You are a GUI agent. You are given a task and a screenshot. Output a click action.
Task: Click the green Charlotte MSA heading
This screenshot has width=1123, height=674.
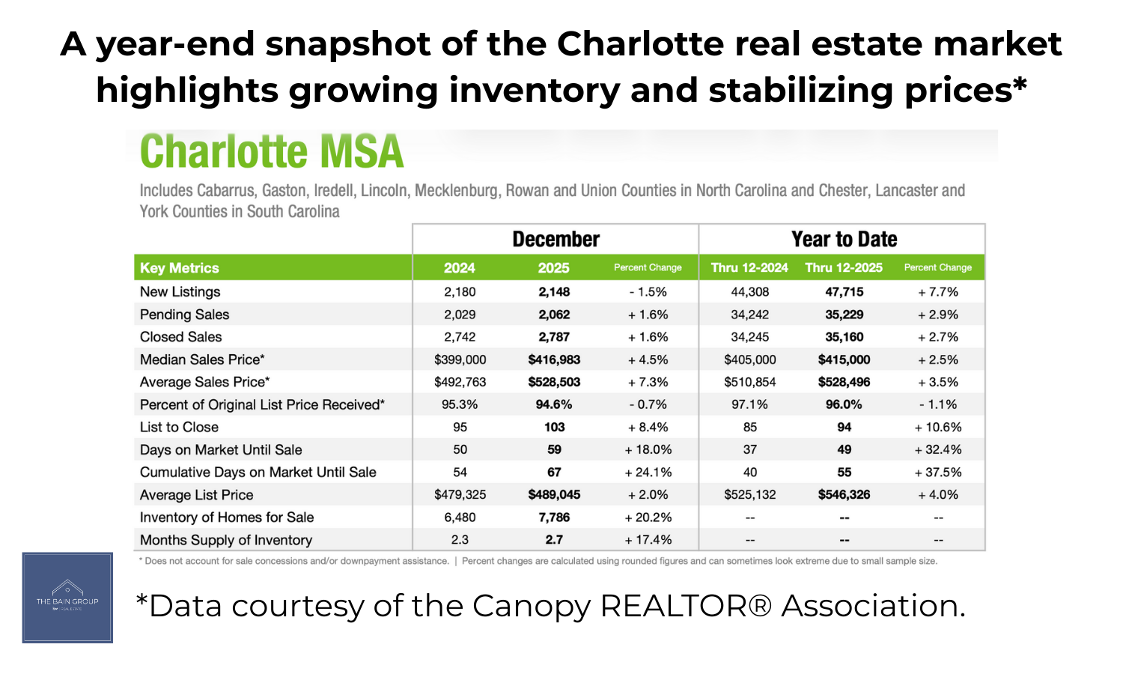tap(272, 152)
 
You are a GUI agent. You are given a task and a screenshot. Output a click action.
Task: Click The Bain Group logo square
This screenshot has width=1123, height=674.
tap(67, 598)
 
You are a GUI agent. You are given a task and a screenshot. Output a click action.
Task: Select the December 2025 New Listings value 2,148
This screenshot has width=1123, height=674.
tap(554, 292)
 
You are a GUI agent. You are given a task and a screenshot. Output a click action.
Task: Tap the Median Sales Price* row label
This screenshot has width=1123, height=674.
tap(202, 359)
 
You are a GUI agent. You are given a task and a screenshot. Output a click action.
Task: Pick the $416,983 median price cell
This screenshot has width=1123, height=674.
tap(554, 359)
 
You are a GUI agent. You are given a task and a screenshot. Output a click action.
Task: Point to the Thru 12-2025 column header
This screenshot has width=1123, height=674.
tap(844, 268)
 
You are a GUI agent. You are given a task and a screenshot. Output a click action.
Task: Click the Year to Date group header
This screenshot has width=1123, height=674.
tap(844, 240)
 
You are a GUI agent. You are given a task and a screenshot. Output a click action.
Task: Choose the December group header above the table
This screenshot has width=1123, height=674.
tap(556, 240)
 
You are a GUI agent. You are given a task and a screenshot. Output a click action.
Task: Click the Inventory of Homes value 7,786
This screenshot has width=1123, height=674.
tap(554, 517)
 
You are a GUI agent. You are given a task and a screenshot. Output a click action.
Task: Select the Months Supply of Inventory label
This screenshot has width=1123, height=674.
tap(225, 540)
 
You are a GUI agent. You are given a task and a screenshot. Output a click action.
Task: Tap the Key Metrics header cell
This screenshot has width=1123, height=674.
tap(180, 268)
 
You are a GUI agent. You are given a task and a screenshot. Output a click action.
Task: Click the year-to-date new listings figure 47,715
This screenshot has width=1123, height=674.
tap(844, 292)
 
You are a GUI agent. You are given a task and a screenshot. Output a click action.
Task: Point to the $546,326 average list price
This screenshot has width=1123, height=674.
tap(844, 495)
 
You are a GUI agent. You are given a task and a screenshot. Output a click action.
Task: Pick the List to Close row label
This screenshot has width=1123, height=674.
tap(179, 427)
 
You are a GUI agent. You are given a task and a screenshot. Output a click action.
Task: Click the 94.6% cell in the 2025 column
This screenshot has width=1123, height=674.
tap(554, 404)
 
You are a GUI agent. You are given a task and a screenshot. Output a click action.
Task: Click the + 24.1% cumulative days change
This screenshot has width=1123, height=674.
tap(648, 473)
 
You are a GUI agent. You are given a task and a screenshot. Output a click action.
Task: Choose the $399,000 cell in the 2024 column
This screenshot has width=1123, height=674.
tap(460, 359)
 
